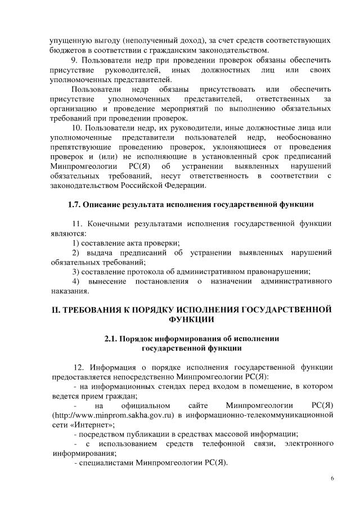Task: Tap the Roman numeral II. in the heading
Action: (x=56, y=309)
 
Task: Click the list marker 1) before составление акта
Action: (x=76, y=243)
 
